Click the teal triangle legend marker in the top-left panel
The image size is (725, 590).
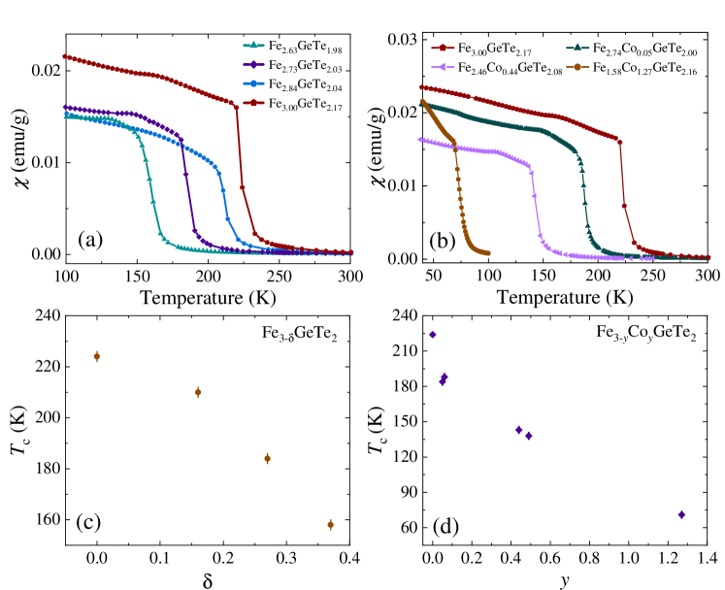coord(253,45)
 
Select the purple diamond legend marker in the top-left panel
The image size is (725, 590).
coord(253,64)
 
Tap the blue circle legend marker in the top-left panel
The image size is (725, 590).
coord(253,83)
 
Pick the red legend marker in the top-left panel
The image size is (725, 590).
coord(253,102)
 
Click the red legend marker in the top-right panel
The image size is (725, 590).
coord(443,48)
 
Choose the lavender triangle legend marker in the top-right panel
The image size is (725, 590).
coord(443,67)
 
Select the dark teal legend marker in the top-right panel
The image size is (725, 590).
coord(577,48)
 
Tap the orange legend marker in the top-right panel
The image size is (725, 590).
coord(577,67)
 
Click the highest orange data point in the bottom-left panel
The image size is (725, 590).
coord(96,356)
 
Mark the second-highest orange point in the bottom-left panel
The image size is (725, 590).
coord(198,392)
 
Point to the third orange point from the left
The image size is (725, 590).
coord(267,458)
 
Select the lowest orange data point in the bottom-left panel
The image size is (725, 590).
coord(330,524)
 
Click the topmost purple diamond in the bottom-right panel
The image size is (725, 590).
coord(433,335)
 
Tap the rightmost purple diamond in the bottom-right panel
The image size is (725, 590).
coord(681,514)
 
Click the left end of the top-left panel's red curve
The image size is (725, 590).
coord(64,56)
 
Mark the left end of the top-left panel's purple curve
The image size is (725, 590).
coord(65,108)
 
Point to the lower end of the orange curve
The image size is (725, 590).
coord(487,253)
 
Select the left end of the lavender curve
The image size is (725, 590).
coord(419,140)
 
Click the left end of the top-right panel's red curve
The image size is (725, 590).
coord(420,87)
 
